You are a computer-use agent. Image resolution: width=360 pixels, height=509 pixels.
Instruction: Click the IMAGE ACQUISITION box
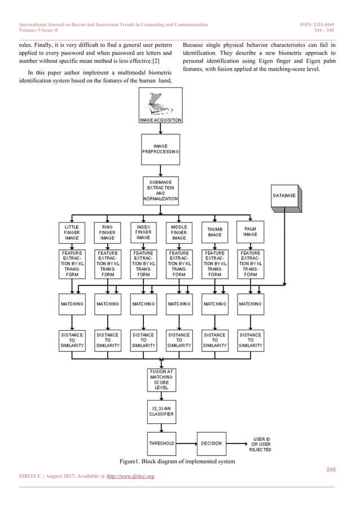coord(160,107)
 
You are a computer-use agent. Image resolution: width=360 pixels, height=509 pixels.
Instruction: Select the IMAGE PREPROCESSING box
coord(160,149)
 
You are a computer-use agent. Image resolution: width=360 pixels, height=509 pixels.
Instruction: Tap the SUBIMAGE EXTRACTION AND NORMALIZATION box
coord(160,191)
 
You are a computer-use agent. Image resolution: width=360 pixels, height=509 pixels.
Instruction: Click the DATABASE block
coord(284,195)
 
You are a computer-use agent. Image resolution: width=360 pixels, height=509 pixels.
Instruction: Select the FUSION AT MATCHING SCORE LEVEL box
coord(160,379)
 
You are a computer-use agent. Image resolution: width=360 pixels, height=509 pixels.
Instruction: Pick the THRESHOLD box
coord(160,444)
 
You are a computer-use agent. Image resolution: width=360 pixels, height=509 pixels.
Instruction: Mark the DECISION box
coord(211,444)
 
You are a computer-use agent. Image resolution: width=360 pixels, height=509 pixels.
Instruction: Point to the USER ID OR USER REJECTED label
coord(260,444)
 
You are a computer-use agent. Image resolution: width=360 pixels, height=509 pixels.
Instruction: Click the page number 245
coord(330,470)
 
